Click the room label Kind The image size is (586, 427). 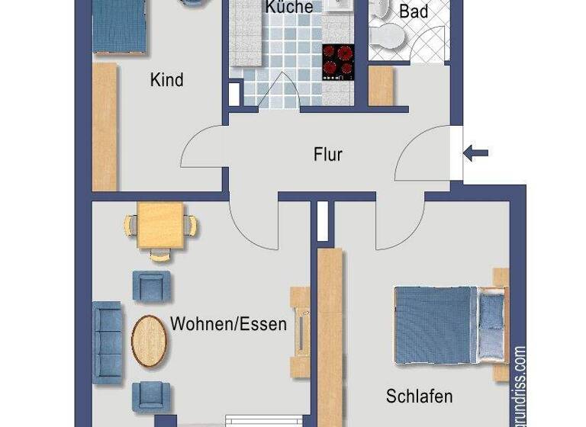point(167,79)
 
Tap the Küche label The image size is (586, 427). point(289,7)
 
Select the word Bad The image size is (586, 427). point(414,11)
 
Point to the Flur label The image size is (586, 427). point(328,155)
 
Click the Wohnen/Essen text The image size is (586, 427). point(228,324)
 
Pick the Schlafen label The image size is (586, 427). point(419,396)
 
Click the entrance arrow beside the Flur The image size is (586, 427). point(476,153)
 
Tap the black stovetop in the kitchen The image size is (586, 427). point(338,62)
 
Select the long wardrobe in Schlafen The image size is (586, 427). point(330,335)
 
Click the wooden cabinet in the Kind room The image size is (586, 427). point(105,127)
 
